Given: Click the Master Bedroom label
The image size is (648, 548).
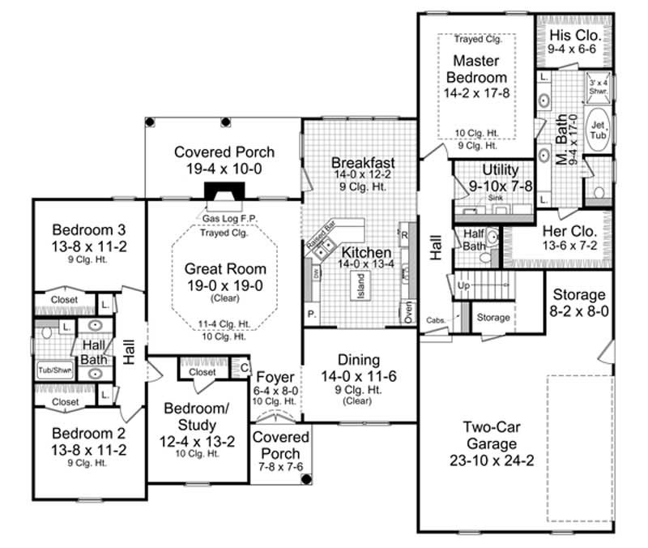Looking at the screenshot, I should click(x=480, y=70).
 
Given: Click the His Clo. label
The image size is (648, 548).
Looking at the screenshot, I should click(x=573, y=35).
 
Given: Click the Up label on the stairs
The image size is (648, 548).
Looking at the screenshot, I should click(x=464, y=287).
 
